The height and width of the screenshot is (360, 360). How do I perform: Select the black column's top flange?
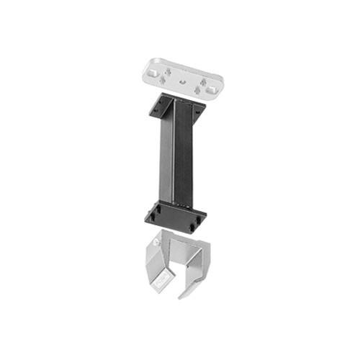tap(176, 107)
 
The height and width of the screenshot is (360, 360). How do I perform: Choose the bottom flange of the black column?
tap(175, 215)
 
